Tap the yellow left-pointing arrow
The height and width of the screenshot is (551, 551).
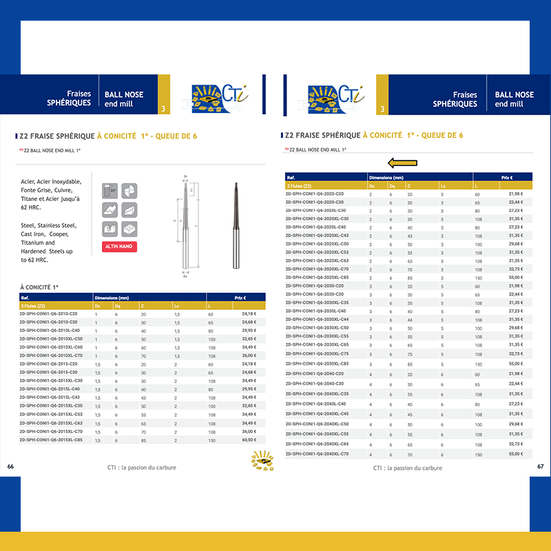point(403,163)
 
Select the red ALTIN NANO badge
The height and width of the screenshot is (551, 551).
point(119,247)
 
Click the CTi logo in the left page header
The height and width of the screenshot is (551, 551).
point(217,96)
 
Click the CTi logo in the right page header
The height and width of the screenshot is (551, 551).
point(335,96)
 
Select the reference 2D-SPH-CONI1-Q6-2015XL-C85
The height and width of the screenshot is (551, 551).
point(51,439)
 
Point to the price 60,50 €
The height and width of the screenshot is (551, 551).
point(249,439)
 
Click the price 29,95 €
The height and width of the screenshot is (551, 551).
point(249,331)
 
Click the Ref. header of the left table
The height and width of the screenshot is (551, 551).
point(25,298)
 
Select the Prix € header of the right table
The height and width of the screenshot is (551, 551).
point(507,177)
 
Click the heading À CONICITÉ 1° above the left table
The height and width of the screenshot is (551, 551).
point(39,286)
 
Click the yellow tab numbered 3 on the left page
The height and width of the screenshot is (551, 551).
point(163,109)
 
